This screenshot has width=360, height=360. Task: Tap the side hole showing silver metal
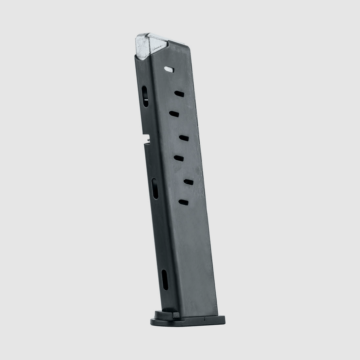(169, 69)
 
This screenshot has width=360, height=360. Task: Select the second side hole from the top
(179, 94)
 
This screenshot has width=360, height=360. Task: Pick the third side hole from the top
(174, 113)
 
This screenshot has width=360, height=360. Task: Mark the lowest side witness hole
(184, 202)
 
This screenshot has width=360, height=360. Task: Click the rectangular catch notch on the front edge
(147, 139)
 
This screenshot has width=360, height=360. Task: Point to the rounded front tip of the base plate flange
(152, 321)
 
